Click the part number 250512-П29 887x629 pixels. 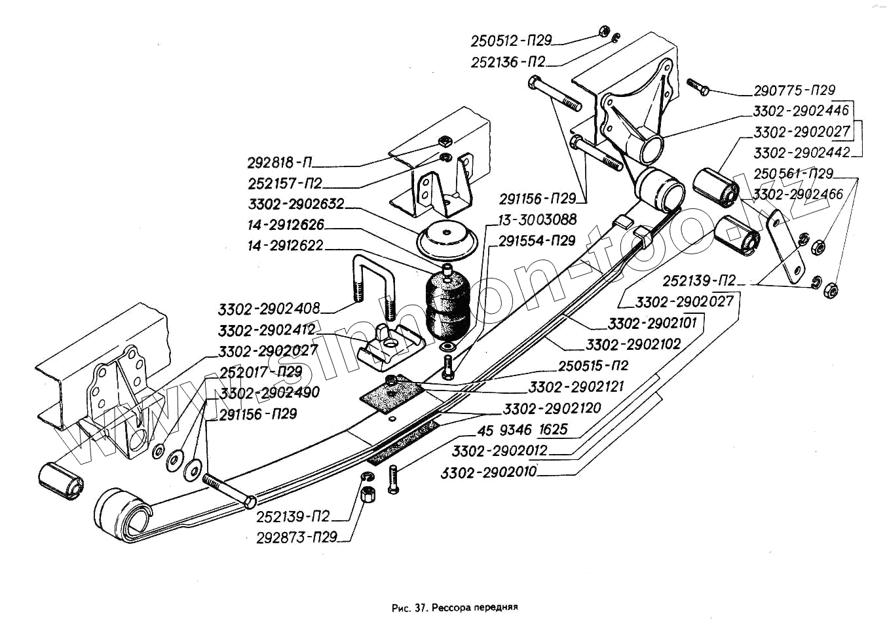click(x=511, y=41)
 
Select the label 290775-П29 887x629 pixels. click(x=794, y=90)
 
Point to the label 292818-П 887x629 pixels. click(x=280, y=162)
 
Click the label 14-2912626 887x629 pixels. click(x=286, y=225)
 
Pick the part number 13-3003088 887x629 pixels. click(x=537, y=219)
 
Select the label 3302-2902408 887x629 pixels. click(x=269, y=308)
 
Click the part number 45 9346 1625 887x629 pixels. click(x=522, y=430)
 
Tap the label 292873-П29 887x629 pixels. click(x=297, y=537)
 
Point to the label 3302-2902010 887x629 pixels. click(x=489, y=472)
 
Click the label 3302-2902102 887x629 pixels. click(x=633, y=344)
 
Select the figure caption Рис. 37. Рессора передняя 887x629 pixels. click(x=455, y=607)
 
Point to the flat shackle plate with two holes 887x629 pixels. click(x=783, y=246)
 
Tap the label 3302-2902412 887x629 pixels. click(x=267, y=329)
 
